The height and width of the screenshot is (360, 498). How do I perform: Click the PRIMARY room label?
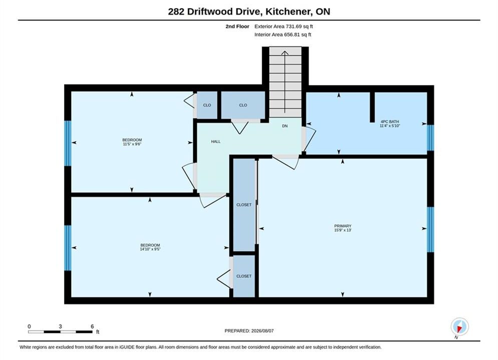(x=343, y=226)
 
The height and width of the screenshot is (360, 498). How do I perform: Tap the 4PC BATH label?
(x=390, y=121)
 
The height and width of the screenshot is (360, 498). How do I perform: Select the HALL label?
(x=216, y=141)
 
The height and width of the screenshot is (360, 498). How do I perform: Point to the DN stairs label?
(x=285, y=126)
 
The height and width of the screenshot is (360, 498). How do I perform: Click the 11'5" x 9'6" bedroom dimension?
(x=132, y=144)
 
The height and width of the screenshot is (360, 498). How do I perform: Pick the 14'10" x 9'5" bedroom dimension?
(x=150, y=249)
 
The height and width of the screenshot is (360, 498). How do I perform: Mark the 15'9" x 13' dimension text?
(x=343, y=230)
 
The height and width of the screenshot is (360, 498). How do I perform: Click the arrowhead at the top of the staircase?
(x=285, y=53)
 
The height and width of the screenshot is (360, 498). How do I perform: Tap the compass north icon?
(x=459, y=326)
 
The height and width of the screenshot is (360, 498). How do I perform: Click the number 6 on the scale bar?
(x=93, y=326)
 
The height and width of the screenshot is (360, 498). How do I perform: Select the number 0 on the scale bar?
(x=29, y=326)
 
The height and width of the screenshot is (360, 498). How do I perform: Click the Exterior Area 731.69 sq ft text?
(x=284, y=26)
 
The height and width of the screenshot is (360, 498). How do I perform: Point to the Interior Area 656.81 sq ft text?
(x=283, y=34)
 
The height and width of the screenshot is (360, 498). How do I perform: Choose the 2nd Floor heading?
(x=237, y=26)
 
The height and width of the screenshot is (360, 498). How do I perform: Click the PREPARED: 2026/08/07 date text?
(x=249, y=330)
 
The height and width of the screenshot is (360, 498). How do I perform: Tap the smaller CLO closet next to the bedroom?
(x=207, y=105)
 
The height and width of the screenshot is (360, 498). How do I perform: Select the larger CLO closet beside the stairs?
(x=243, y=105)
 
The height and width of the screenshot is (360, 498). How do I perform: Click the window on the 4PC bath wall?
(x=430, y=137)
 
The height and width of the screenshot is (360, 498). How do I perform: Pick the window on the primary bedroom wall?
(x=430, y=229)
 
